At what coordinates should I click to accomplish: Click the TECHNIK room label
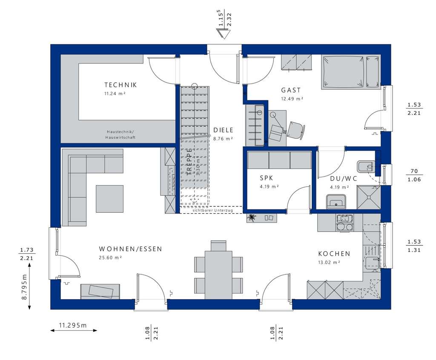coord(121,85)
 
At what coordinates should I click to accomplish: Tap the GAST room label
coord(290,90)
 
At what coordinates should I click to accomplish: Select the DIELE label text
coord(223,131)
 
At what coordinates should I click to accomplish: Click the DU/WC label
coord(343,179)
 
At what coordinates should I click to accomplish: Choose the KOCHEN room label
coord(334,254)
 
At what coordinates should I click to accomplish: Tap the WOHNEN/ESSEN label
coord(130,249)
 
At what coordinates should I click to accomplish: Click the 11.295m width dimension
coord(72,326)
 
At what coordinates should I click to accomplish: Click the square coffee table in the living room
coord(109,199)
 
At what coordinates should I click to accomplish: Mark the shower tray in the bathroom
coord(368,199)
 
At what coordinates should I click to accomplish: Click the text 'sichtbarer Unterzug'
coord(212,210)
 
